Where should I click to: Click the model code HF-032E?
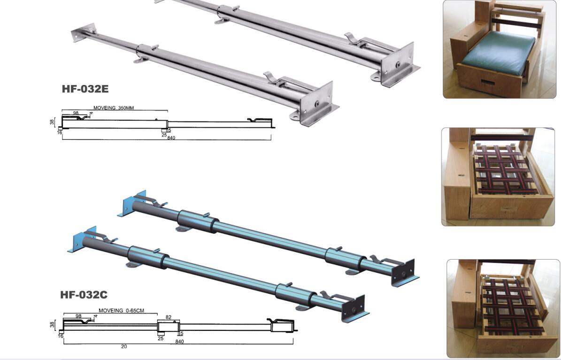(x=85, y=89)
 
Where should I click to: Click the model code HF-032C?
(x=84, y=295)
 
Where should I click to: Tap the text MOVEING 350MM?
(x=113, y=108)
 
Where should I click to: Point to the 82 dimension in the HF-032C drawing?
(x=168, y=318)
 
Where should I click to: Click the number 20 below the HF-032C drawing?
(x=124, y=347)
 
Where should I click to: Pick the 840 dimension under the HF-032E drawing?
(x=171, y=138)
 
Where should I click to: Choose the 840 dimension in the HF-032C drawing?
(x=179, y=341)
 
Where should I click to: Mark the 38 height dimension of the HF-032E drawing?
(x=52, y=122)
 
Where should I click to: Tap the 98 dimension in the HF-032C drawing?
(x=78, y=316)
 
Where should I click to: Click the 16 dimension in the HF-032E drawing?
(x=60, y=133)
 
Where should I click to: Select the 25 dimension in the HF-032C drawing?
(x=161, y=338)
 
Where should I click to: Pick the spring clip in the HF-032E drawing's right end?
(x=254, y=121)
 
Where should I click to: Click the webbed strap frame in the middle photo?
(x=502, y=170)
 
